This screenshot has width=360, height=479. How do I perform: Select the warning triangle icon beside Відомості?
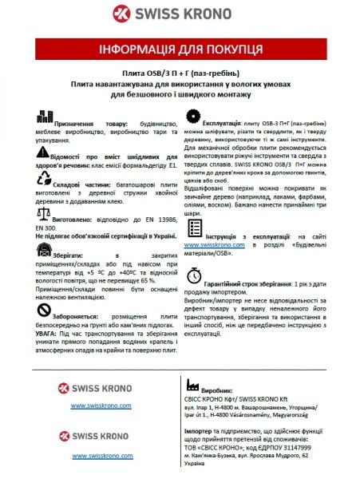tap(43, 150)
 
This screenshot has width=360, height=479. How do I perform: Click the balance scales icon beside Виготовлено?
tap(43, 216)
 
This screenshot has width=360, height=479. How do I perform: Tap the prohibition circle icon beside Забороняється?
tap(44, 309)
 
